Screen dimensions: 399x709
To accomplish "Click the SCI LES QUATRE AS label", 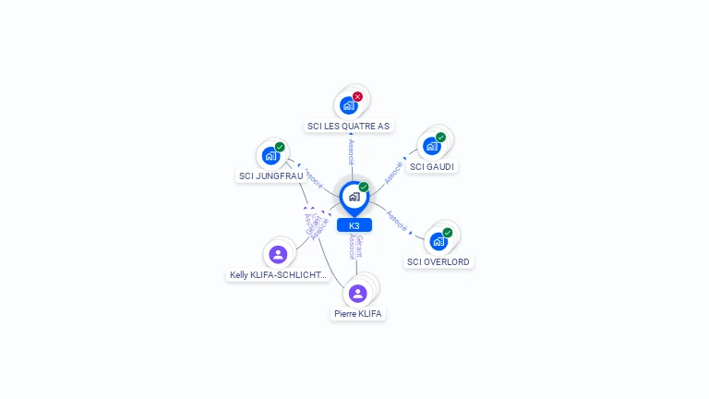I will (348, 126).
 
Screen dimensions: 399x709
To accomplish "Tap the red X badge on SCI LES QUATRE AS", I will (357, 96).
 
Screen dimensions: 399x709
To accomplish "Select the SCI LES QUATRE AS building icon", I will (348, 105).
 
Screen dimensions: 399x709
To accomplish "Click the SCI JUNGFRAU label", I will (270, 175).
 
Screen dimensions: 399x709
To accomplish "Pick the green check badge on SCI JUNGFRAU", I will (280, 147).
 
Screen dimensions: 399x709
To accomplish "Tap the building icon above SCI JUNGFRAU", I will (270, 155).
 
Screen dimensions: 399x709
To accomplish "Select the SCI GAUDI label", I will (432, 167).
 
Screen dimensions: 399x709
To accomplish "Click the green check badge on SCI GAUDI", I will (440, 138).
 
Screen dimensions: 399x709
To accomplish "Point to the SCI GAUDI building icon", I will (431, 146).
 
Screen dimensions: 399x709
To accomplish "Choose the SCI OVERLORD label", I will (439, 261).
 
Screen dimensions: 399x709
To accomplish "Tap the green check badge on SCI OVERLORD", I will (448, 233).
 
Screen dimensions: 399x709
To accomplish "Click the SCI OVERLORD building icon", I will (439, 241).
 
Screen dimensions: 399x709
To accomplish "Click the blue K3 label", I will (354, 225).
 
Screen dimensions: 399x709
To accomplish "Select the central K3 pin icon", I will (354, 197).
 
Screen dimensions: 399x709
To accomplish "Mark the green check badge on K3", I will (364, 187).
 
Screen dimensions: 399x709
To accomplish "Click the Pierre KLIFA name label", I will (358, 314).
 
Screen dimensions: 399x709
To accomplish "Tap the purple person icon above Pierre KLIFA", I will (358, 293).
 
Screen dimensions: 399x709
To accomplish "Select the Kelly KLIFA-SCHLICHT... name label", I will (278, 274).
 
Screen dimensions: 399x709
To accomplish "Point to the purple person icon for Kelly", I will (278, 254).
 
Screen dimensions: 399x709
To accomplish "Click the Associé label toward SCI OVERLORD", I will (397, 220).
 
